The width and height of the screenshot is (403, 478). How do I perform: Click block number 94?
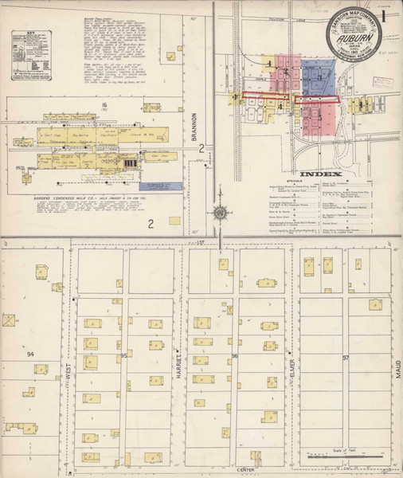click(30, 353)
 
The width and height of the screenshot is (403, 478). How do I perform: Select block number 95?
click(124, 355)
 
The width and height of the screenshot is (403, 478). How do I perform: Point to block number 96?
click(235, 356)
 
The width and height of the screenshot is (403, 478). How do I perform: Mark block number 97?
click(346, 358)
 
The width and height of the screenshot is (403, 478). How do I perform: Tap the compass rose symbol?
click(219, 213)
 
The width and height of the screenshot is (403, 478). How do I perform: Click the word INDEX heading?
click(320, 174)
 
